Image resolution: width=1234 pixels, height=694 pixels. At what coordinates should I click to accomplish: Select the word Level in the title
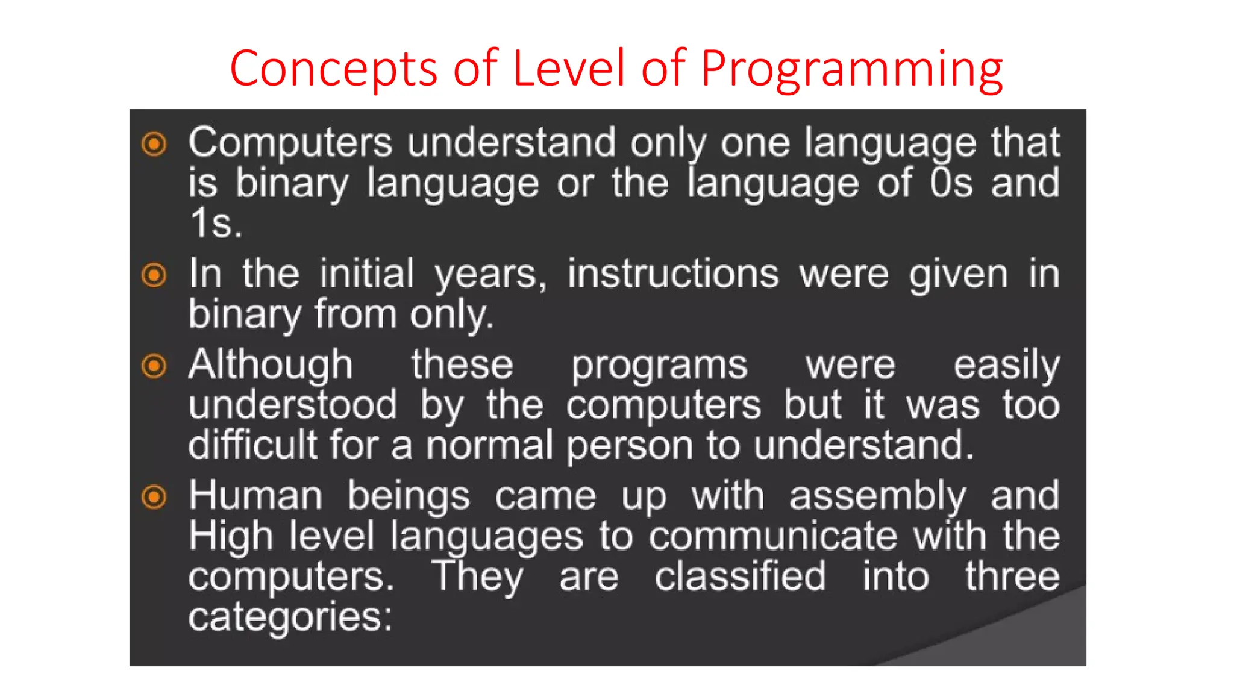pyautogui.click(x=569, y=67)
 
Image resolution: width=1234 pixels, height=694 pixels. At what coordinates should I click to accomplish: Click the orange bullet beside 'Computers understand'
pyautogui.click(x=154, y=144)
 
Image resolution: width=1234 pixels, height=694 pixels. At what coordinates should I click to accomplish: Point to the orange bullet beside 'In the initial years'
pyautogui.click(x=154, y=275)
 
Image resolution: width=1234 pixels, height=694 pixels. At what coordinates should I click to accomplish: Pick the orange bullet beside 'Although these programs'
pyautogui.click(x=154, y=366)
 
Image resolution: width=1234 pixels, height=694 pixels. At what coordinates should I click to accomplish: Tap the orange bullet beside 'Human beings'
pyautogui.click(x=154, y=497)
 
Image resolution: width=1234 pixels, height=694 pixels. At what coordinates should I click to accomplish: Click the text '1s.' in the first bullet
pyautogui.click(x=216, y=223)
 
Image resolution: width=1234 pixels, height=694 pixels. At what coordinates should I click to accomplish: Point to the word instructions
pyautogui.click(x=673, y=274)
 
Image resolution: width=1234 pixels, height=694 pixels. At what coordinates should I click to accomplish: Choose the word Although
pyautogui.click(x=271, y=365)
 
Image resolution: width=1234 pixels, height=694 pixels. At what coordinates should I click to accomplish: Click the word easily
pyautogui.click(x=1006, y=365)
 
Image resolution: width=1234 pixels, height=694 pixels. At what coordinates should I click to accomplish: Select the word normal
pyautogui.click(x=489, y=445)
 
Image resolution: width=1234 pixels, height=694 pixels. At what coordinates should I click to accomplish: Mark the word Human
pyautogui.click(x=255, y=496)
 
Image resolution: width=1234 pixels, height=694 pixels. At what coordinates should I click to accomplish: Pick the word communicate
pyautogui.click(x=773, y=536)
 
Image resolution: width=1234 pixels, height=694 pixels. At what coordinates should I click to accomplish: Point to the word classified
pyautogui.click(x=740, y=577)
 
